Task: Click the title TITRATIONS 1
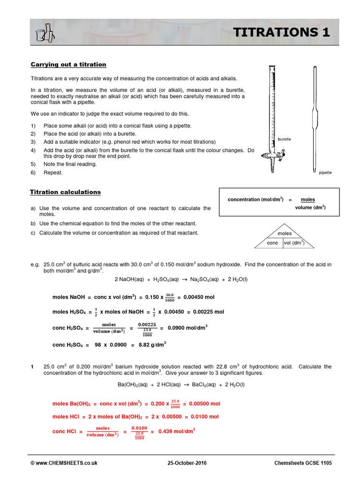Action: (282, 32)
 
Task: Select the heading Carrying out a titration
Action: (68, 64)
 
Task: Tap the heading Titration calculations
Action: (65, 192)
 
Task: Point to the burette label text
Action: (285, 139)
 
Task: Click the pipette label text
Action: (325, 172)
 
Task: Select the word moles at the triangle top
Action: (285, 233)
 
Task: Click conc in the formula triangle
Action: (272, 243)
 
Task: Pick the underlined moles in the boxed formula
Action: (308, 199)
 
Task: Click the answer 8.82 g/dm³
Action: (151, 345)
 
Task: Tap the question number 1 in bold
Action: (32, 367)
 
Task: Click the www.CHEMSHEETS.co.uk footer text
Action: (64, 463)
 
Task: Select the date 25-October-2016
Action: (186, 463)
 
